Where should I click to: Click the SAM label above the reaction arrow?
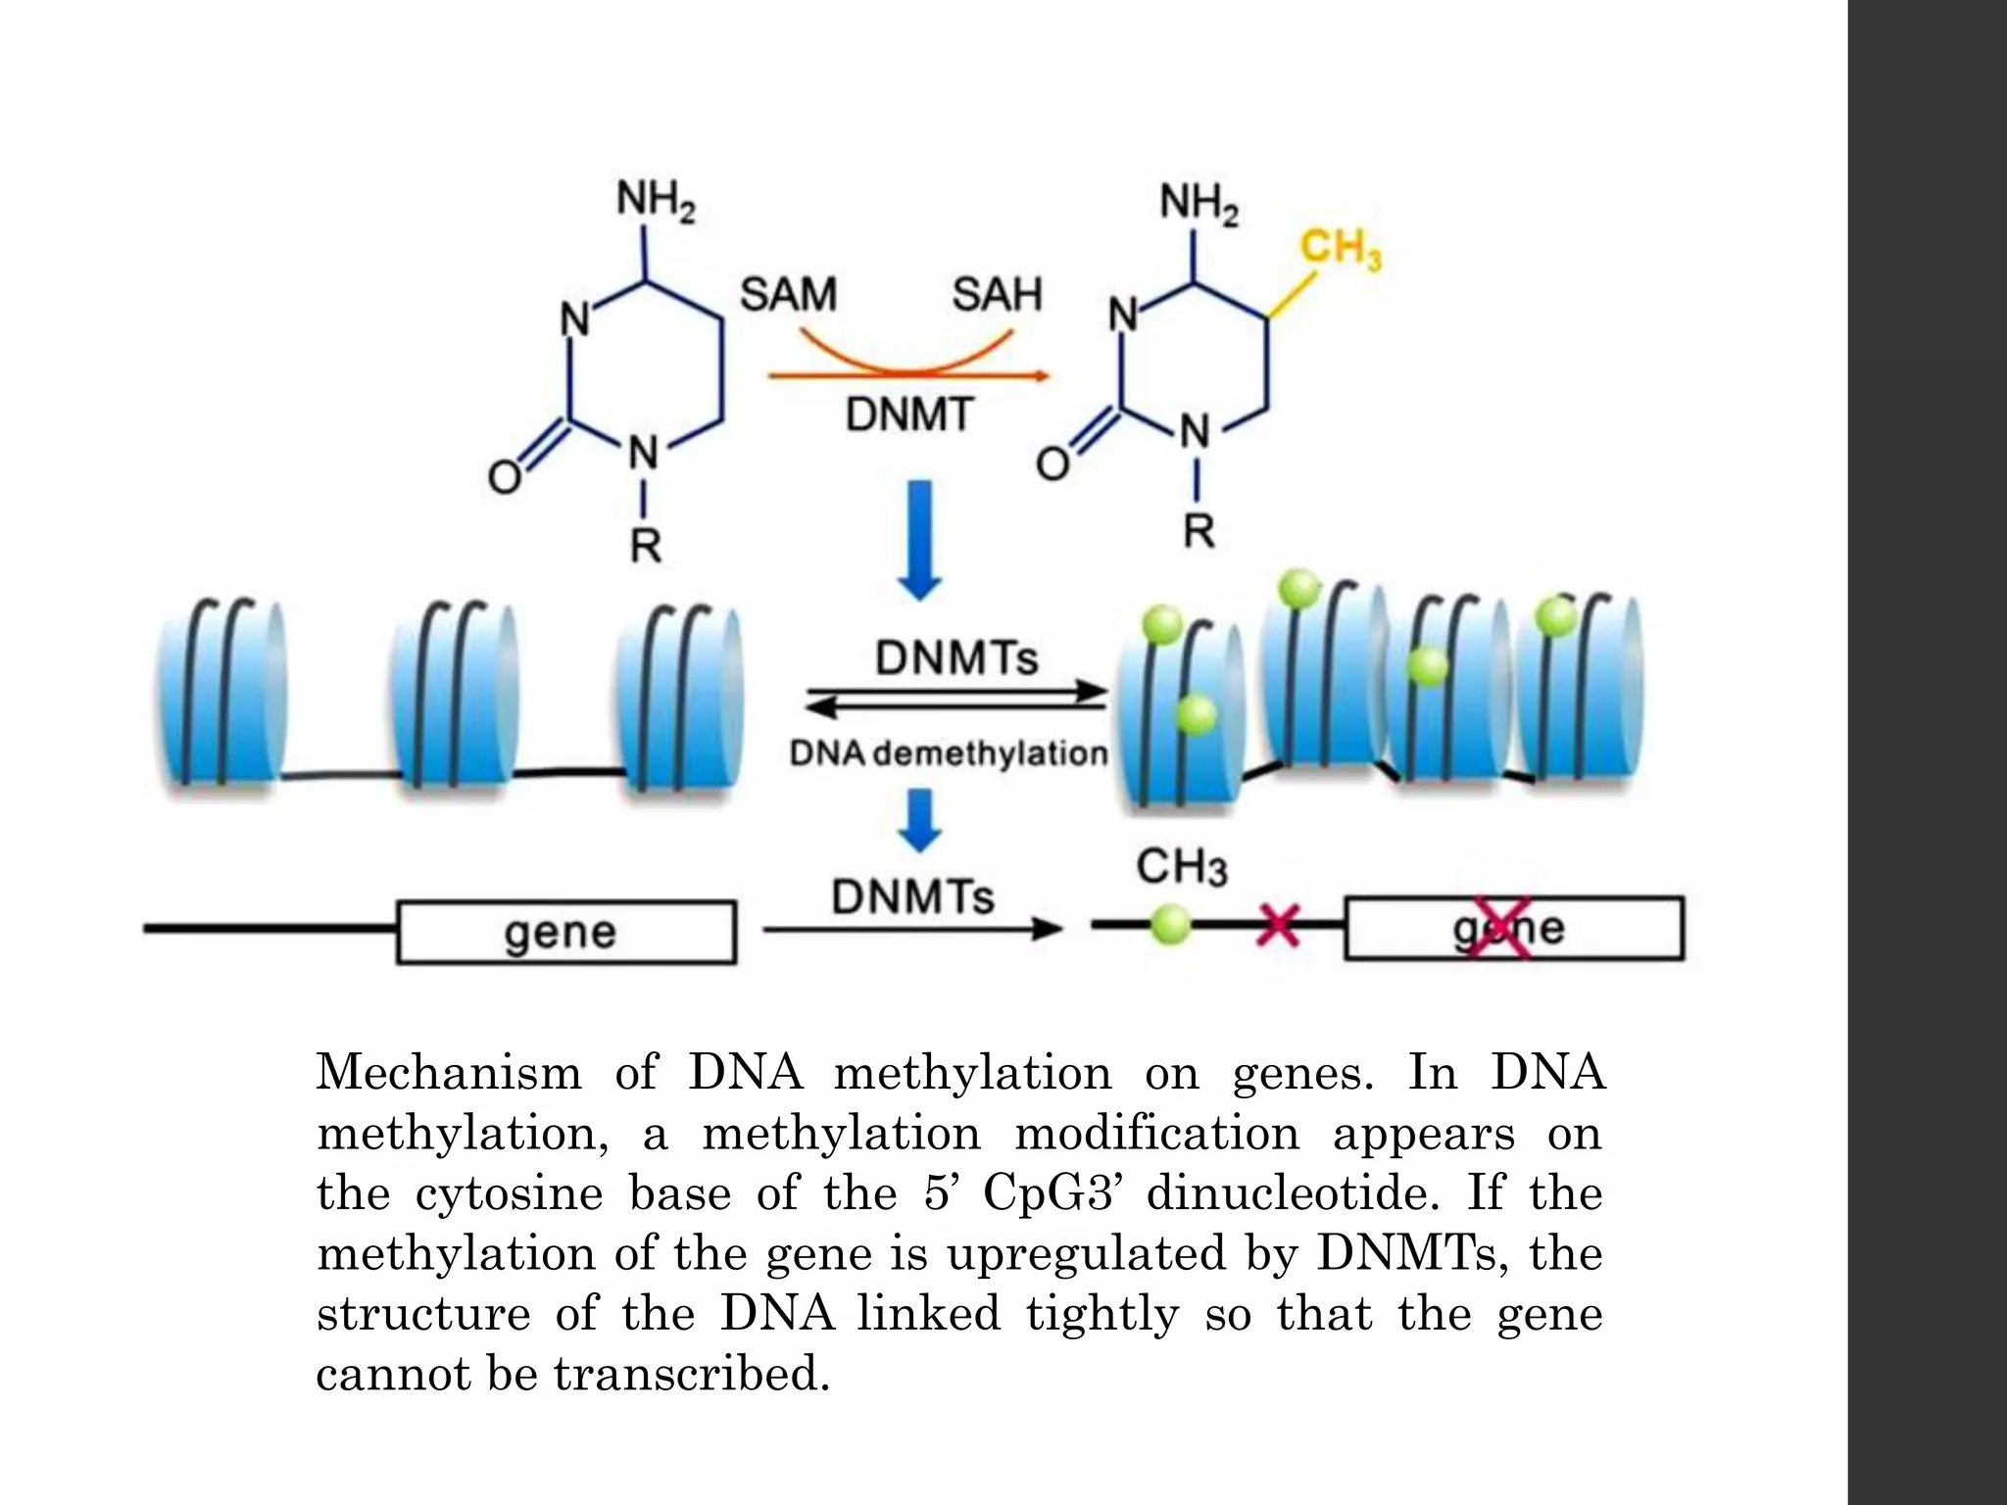tap(787, 294)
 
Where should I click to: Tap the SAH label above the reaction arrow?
tap(997, 294)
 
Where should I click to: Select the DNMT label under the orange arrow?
tap(908, 414)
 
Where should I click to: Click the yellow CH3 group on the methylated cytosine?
tap(1340, 249)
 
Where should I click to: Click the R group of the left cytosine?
tap(645, 545)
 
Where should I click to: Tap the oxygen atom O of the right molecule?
tap(1052, 463)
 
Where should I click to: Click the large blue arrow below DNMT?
tap(918, 539)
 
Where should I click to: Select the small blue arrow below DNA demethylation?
tap(919, 819)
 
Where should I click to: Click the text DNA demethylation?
tap(948, 753)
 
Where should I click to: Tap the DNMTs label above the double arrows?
tap(955, 657)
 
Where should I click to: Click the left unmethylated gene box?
tap(565, 932)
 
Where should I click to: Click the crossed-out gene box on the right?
tap(1513, 928)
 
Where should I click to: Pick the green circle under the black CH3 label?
tap(1168, 924)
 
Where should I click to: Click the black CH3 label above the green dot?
tap(1181, 867)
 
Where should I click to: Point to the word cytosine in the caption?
tap(509, 1192)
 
